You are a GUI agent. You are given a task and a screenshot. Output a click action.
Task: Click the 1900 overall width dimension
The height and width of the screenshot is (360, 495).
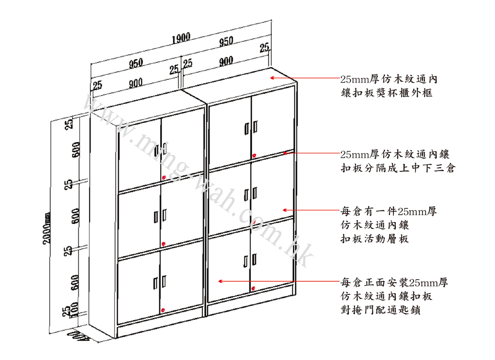[x=181, y=38]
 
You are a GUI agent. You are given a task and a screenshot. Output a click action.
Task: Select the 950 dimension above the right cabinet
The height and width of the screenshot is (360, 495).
[x=226, y=41]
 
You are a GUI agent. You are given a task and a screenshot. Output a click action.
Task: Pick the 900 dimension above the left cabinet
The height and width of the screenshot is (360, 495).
[x=136, y=83]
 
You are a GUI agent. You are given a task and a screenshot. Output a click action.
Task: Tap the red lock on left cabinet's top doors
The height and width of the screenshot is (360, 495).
[x=164, y=178]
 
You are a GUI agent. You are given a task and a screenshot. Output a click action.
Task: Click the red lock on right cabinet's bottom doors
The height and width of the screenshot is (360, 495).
[x=253, y=288]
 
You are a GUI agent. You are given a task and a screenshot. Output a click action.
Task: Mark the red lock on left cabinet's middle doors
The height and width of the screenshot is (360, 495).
[x=164, y=244]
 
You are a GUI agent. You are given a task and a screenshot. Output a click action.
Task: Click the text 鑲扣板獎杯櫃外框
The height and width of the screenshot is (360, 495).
[x=386, y=93]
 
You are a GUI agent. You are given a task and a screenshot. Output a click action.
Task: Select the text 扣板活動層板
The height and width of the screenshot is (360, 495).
[x=375, y=239]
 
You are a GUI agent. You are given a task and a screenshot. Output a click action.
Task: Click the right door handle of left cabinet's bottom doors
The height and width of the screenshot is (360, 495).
[x=164, y=282]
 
